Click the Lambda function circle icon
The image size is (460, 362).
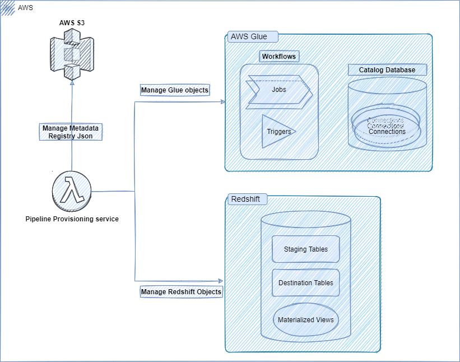click(x=72, y=192)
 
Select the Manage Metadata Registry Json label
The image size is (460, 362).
click(x=71, y=131)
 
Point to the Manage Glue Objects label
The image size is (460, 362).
click(x=174, y=90)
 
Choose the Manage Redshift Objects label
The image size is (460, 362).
click(x=180, y=292)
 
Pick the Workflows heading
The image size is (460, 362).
click(x=278, y=57)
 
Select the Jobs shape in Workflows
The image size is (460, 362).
click(x=278, y=90)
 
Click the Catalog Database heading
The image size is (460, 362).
click(x=387, y=70)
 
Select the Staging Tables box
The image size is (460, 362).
click(x=306, y=249)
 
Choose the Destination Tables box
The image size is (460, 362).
click(x=306, y=283)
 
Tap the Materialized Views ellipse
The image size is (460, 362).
click(x=306, y=320)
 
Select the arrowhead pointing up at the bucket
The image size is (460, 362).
click(x=72, y=82)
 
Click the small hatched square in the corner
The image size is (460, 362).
click(x=8, y=7)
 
